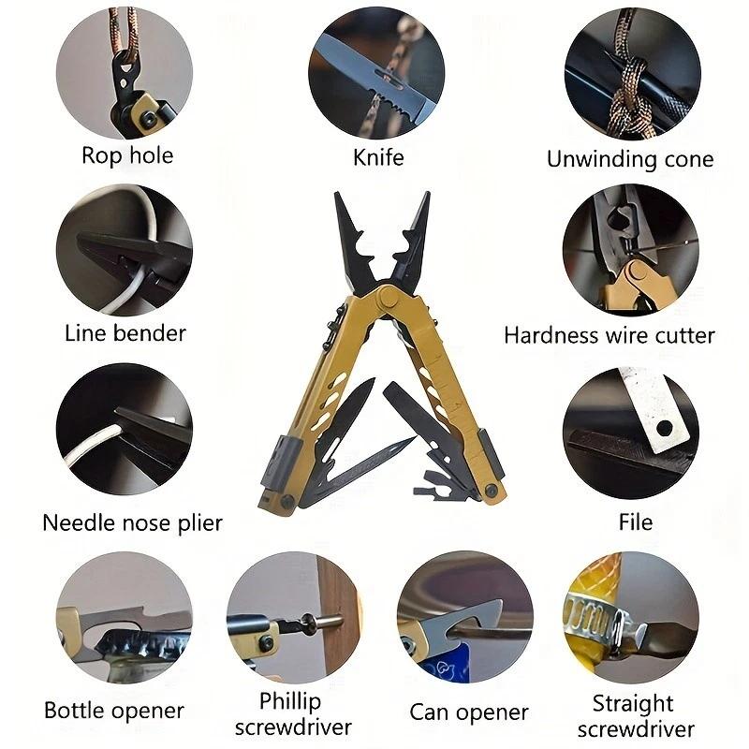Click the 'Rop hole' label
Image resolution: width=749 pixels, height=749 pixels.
coord(127,154)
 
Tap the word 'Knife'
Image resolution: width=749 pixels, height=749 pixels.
coord(378,156)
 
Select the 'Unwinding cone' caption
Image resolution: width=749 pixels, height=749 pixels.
coord(630,159)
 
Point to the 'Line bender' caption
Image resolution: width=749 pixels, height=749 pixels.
coord(125,332)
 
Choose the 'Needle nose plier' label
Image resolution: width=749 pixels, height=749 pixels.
coord(133,521)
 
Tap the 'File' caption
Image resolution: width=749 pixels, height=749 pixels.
coord(636,521)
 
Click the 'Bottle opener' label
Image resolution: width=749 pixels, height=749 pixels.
coord(114,712)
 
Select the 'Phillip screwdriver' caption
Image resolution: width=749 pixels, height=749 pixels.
coord(293,713)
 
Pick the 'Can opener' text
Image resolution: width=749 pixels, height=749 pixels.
coord(469,712)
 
